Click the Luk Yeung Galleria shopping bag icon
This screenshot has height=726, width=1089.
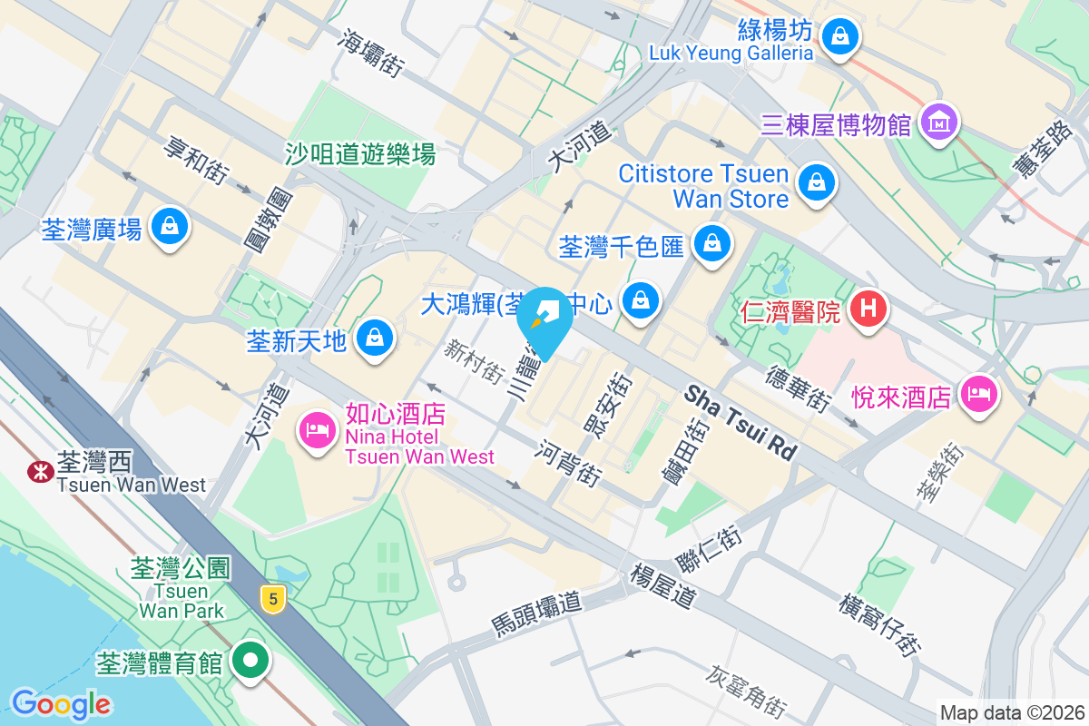point(840,36)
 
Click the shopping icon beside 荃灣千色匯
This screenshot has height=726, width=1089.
point(712,243)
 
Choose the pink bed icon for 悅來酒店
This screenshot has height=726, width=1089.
point(979,395)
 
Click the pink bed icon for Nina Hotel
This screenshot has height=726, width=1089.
point(317,427)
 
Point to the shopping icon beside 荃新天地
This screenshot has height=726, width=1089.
point(372,339)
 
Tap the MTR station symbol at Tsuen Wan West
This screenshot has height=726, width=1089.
point(39,471)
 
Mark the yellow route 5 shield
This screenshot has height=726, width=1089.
point(270,598)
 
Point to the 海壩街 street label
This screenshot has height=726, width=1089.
point(371,51)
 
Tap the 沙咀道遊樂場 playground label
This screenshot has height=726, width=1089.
point(360,153)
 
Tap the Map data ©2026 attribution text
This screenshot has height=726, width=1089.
point(1011,712)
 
